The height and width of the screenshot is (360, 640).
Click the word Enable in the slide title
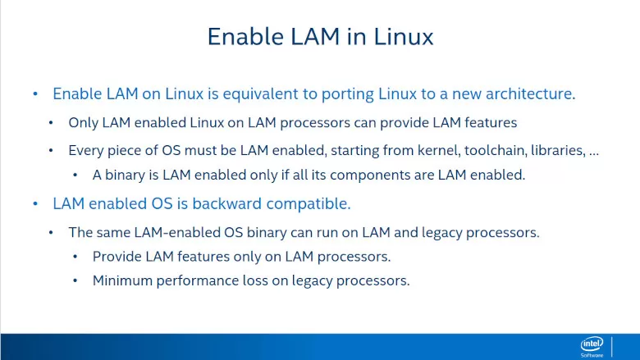(x=245, y=36)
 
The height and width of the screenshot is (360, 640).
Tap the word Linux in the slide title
(x=403, y=36)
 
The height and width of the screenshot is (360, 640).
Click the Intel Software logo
(x=592, y=347)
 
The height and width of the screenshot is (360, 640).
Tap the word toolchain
(x=496, y=150)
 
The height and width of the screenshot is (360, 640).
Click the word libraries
(x=558, y=150)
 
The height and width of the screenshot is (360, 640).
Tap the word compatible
(x=309, y=204)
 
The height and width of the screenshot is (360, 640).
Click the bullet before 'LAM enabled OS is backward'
(x=35, y=204)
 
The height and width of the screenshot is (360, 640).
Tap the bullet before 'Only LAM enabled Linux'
(x=51, y=123)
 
